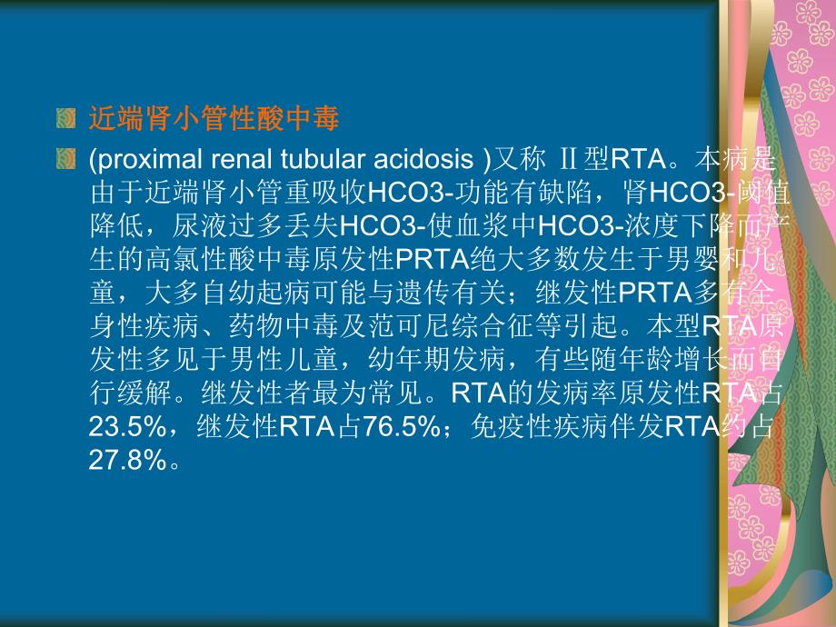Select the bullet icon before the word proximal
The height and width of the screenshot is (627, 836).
coord(65,161)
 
